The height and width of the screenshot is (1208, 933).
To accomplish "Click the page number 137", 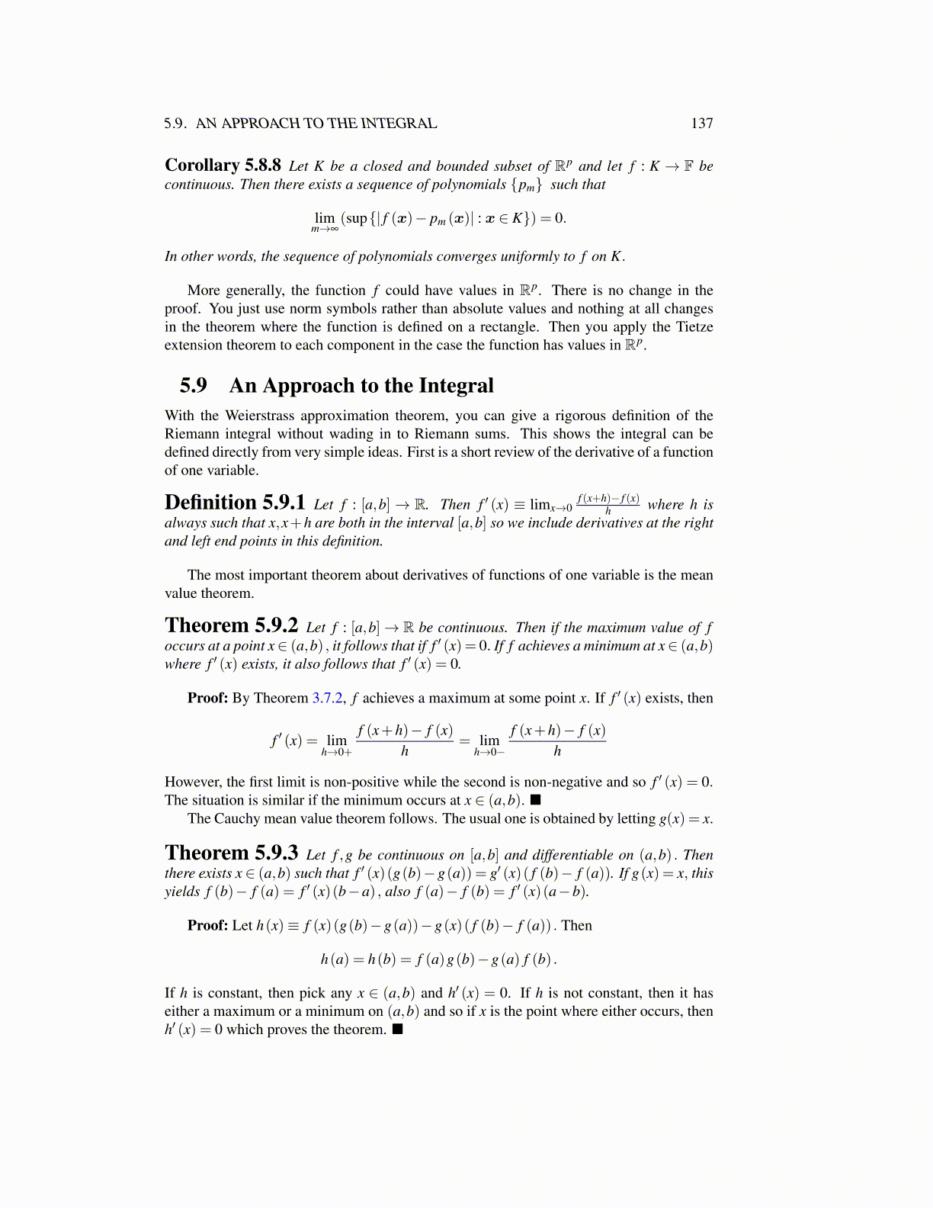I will click(701, 124).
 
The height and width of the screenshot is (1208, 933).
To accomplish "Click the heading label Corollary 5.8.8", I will click(223, 165).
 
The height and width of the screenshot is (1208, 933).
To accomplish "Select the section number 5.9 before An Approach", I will click(193, 386).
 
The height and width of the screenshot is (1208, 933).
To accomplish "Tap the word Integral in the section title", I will click(456, 386).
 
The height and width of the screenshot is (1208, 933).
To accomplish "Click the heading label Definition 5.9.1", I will click(235, 503).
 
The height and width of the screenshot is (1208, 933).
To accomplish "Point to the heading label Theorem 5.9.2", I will click(231, 626).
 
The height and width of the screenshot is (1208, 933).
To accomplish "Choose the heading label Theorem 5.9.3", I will click(231, 853).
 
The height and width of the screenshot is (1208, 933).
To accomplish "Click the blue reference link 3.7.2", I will click(328, 698).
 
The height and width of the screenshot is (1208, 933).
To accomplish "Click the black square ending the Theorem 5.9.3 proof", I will click(397, 1030).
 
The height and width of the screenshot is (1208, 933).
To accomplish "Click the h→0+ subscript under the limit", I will click(336, 753).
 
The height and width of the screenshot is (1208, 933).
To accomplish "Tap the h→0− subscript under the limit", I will click(489, 753).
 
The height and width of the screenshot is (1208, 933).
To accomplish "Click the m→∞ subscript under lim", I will click(324, 229).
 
